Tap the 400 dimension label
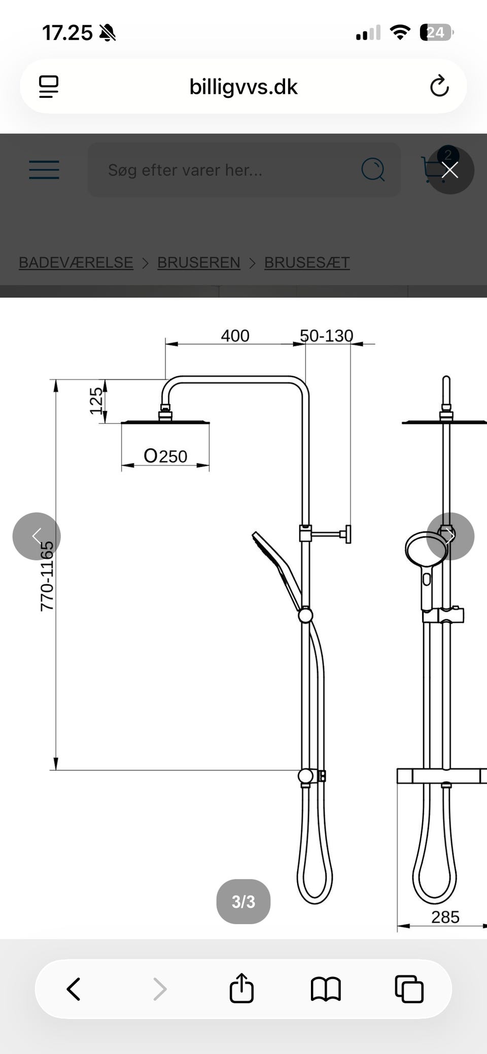235,336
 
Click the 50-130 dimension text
326,336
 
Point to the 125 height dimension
96,401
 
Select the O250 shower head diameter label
165,456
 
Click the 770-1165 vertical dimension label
47,576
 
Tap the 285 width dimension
445,917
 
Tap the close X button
450,170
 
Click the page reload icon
439,86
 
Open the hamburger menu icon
44,170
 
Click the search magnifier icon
373,170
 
